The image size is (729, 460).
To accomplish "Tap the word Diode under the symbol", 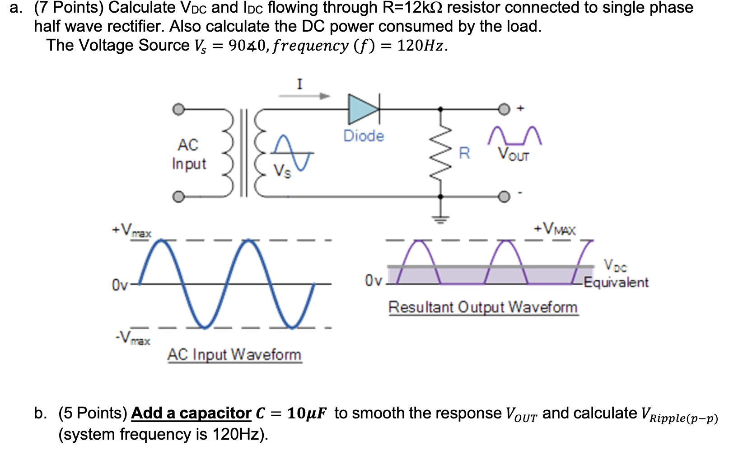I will [x=364, y=136].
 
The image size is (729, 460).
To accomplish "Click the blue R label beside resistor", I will [x=464, y=153].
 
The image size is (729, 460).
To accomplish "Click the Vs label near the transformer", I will [x=282, y=171].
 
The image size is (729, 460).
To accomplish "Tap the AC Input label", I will [x=189, y=154].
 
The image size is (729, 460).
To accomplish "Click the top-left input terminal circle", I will [x=179, y=109].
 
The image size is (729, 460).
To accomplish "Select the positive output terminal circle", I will [x=504, y=109].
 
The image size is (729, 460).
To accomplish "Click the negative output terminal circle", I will [x=504, y=197].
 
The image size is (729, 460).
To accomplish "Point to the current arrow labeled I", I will [x=304, y=95].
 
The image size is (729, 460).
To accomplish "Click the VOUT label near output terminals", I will [x=514, y=154].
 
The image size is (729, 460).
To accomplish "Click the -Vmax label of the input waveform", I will [x=132, y=338].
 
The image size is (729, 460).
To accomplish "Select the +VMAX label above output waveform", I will [x=555, y=229].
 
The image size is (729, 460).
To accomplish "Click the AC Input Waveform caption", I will [x=234, y=355].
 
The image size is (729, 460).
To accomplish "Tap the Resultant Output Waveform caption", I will [x=483, y=307].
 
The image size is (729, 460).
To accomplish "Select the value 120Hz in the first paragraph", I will [x=420, y=46].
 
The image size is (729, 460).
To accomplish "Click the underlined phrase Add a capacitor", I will [x=191, y=413].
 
